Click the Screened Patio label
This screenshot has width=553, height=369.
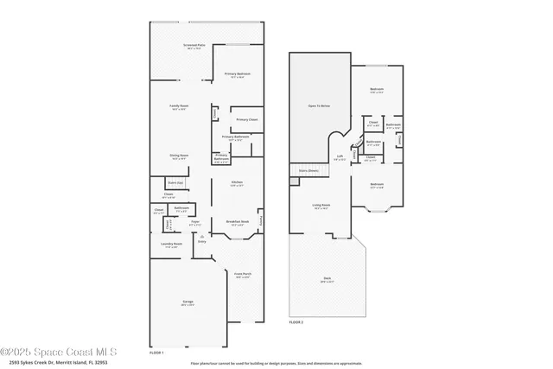pyautogui.click(x=194, y=44)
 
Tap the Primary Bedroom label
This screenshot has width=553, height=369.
pyautogui.click(x=238, y=73)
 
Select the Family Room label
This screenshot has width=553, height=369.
pyautogui.click(x=180, y=106)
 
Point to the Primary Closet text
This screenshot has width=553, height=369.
pyautogui.click(x=247, y=119)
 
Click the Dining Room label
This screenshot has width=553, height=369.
pyautogui.click(x=180, y=156)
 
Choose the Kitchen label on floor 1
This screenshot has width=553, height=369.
pyautogui.click(x=237, y=181)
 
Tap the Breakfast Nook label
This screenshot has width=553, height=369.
pyautogui.click(x=238, y=221)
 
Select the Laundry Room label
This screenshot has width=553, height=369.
pyautogui.click(x=171, y=244)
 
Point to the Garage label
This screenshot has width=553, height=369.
pyautogui.click(x=187, y=302)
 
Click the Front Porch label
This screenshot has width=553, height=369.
pyautogui.click(x=243, y=274)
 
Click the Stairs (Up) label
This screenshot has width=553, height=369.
pyautogui.click(x=175, y=183)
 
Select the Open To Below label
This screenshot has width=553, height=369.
pyautogui.click(x=319, y=105)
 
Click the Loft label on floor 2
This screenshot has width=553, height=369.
pyautogui.click(x=340, y=157)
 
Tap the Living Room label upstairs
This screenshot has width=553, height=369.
pyautogui.click(x=321, y=205)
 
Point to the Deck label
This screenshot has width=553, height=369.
pyautogui.click(x=327, y=277)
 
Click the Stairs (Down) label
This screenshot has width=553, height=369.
pyautogui.click(x=308, y=171)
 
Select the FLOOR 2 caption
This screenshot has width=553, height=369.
pyautogui.click(x=296, y=321)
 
